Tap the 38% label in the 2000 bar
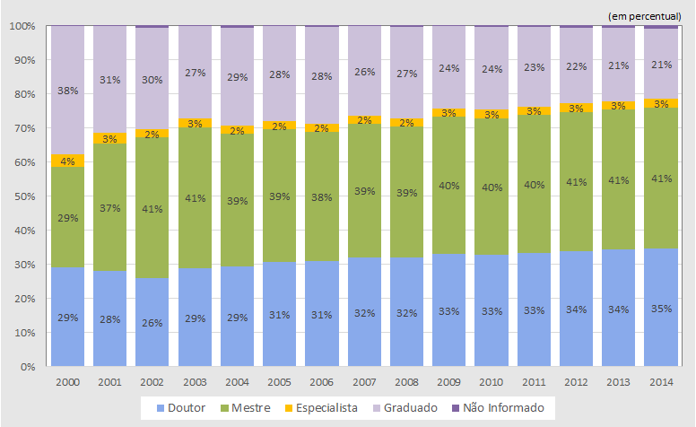coord(67,91)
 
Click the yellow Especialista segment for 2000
coord(67,161)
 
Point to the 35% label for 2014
coord(661,309)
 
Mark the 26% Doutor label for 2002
coord(152,321)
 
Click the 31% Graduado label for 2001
coord(110,81)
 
